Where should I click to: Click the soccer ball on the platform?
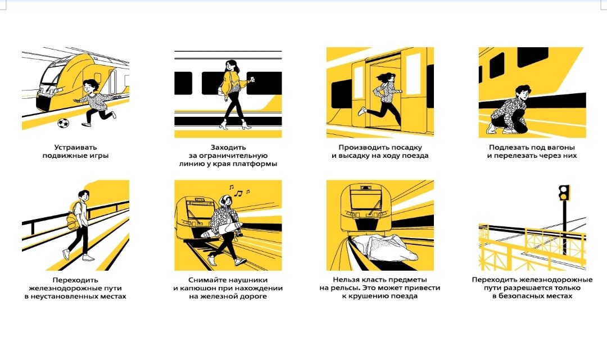coord(63,123)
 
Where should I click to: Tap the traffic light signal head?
coord(564,193)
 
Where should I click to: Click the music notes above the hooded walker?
coord(239,190)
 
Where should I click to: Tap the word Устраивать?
coord(75,147)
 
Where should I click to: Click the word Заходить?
coord(228,147)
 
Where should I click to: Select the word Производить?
coord(361,147)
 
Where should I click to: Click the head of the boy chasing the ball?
coord(92,86)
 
